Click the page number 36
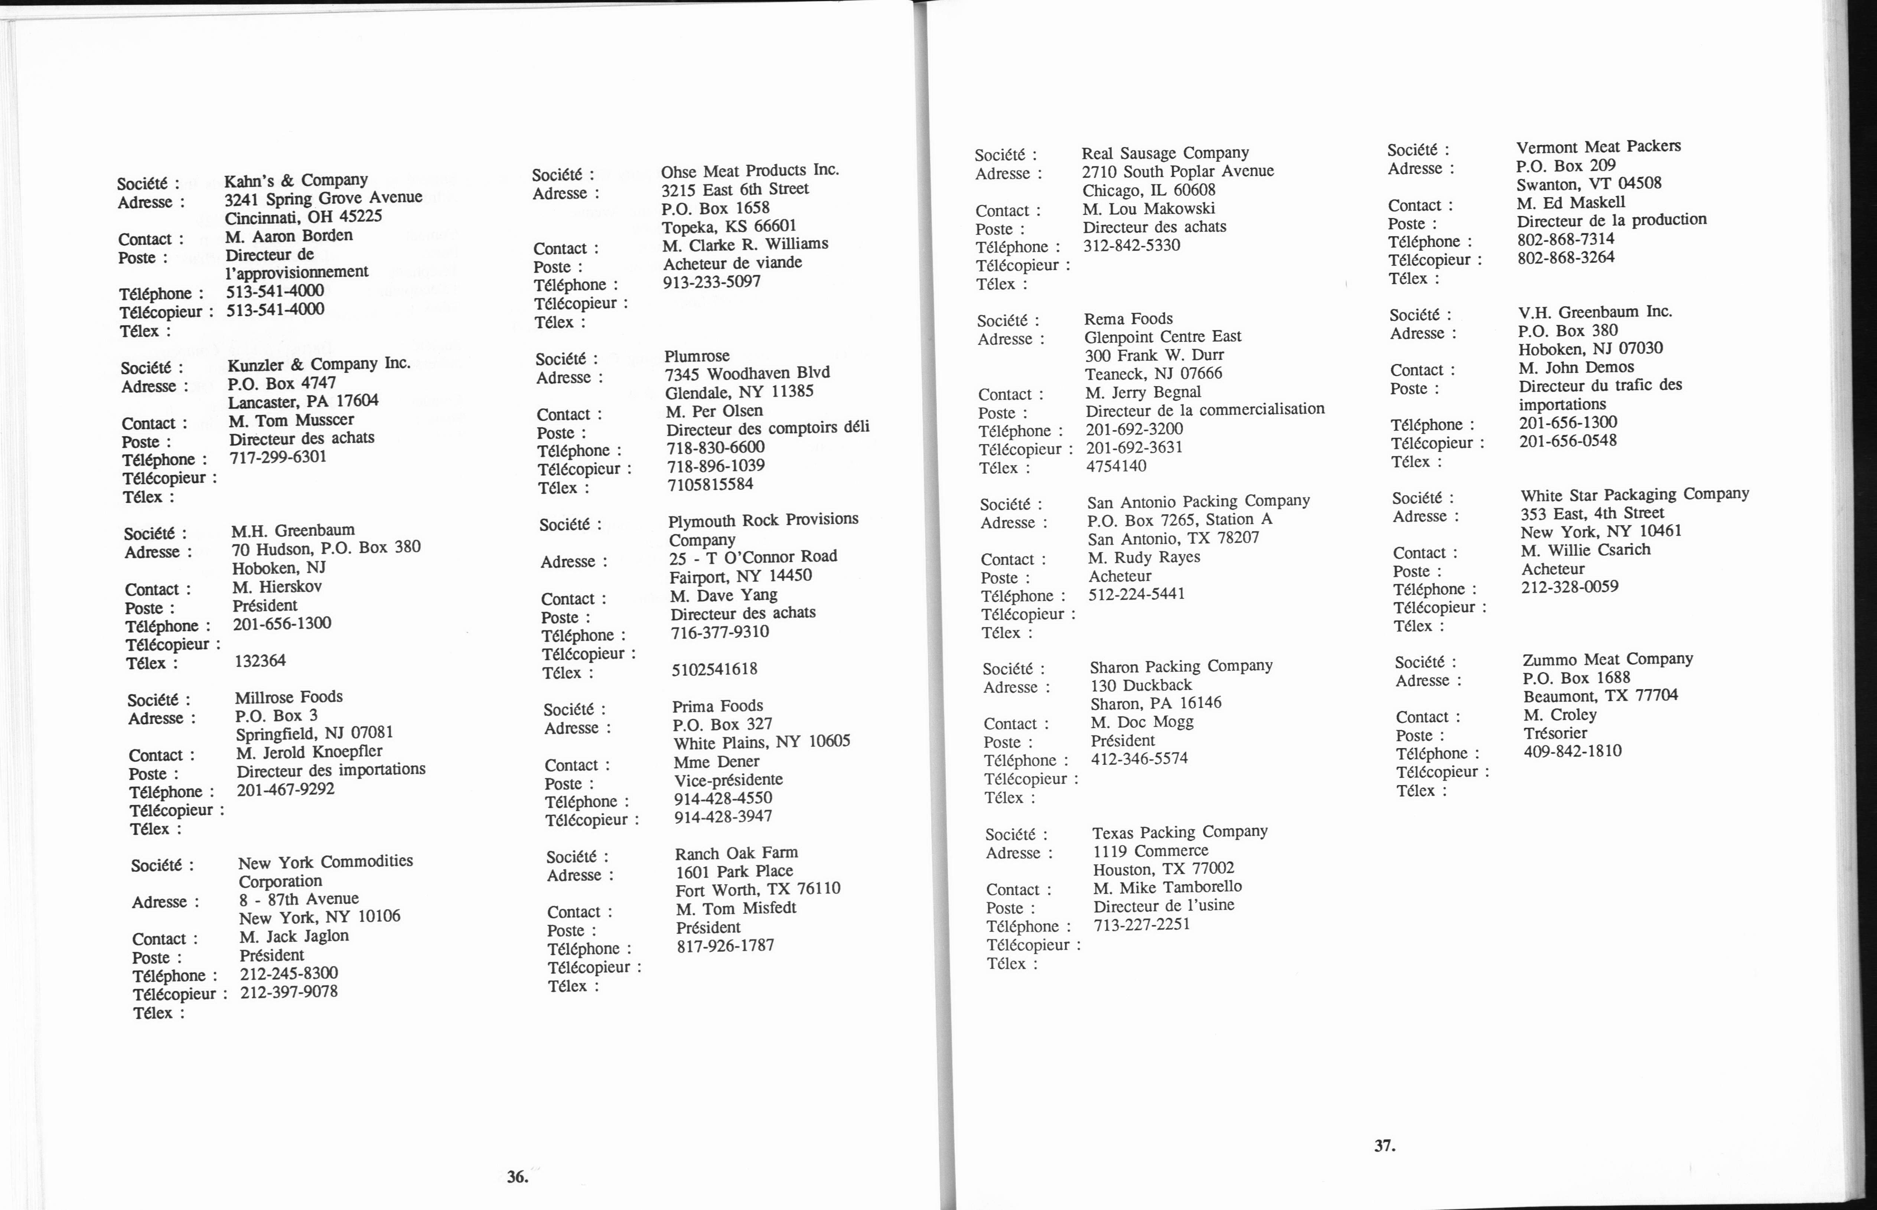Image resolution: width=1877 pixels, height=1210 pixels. [517, 1176]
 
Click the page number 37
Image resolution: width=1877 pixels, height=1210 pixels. [1384, 1145]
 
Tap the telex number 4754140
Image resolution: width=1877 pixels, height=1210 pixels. [1116, 466]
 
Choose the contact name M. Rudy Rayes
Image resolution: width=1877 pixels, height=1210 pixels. [1144, 557]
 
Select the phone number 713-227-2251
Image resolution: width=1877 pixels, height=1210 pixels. [1141, 924]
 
